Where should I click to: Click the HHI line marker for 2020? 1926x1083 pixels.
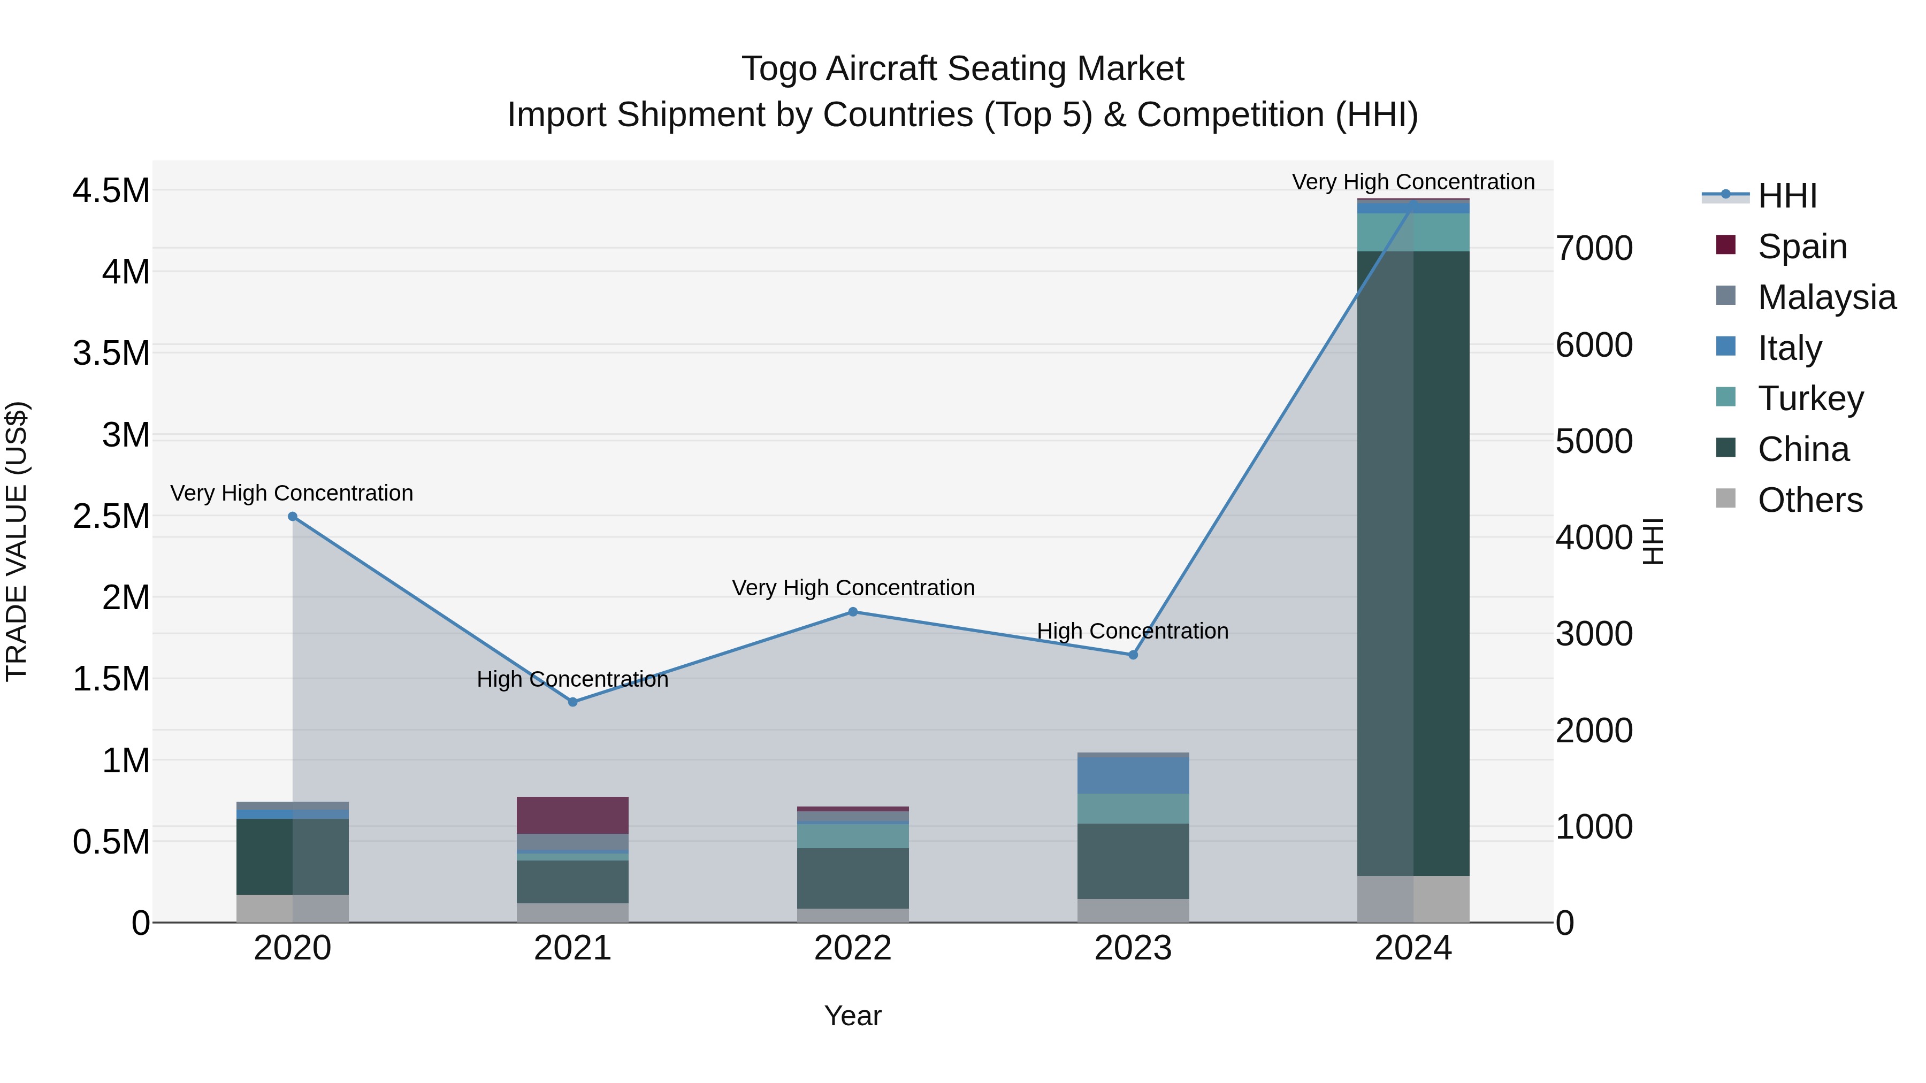(292, 517)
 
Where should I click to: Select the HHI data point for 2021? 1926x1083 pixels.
(572, 702)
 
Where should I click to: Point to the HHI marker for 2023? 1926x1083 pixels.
(1133, 655)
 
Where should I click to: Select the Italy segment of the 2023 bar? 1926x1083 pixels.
(1133, 775)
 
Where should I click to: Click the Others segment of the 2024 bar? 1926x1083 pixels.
(1413, 899)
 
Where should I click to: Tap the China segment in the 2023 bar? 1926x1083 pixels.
(1133, 861)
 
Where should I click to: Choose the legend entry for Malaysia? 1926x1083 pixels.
(1826, 297)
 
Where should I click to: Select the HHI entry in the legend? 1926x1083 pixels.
(1787, 196)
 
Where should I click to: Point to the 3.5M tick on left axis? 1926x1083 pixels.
(111, 354)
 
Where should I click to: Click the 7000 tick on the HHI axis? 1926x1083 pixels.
(1594, 248)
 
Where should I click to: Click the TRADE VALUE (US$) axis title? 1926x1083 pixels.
(17, 541)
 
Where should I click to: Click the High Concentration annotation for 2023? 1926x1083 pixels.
(1132, 631)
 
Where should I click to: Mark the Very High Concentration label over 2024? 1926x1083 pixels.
(1412, 182)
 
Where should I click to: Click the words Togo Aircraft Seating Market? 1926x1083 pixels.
(962, 69)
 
